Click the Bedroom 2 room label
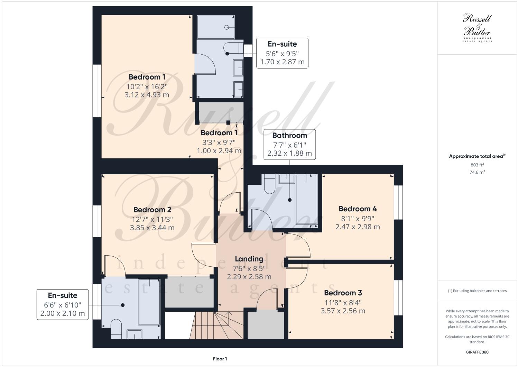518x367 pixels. coord(152,210)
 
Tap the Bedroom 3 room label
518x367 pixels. coord(343,293)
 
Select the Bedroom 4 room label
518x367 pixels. coord(358,209)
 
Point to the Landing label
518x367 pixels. coord(249,259)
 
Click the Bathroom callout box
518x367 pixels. coord(289,144)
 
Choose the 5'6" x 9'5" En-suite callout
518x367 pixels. coord(282,53)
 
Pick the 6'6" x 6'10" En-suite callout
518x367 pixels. coord(62,304)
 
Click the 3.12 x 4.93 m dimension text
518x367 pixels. coord(147,94)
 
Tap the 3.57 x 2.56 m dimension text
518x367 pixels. coord(343,311)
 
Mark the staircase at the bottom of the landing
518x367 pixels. coord(216,325)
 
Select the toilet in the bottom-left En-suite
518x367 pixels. coord(116,329)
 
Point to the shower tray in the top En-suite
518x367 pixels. coord(216,27)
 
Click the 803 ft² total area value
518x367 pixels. coord(477,165)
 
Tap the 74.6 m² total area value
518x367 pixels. coord(477,172)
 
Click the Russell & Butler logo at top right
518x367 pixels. coord(477,28)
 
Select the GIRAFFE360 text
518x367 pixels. coord(477,352)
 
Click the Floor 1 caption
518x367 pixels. coord(220,359)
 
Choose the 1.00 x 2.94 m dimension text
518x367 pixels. coord(219,151)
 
